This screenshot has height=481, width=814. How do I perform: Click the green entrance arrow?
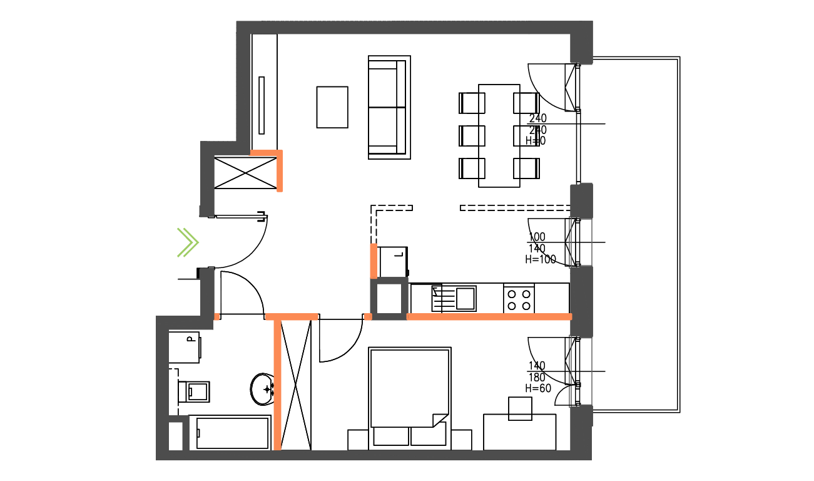(187, 243)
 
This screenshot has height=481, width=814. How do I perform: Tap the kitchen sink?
(465, 297)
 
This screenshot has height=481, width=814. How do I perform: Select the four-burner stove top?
(519, 298)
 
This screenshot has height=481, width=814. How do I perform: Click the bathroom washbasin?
(262, 389)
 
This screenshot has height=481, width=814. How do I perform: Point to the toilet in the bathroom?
(196, 391)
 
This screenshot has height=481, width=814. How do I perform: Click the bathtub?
(232, 433)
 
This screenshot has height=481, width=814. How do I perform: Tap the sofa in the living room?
(389, 106)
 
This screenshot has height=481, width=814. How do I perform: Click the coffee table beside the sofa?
(332, 107)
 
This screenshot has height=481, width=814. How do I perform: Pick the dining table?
(499, 135)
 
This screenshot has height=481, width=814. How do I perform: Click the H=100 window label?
(541, 259)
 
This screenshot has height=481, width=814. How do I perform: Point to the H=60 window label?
(537, 388)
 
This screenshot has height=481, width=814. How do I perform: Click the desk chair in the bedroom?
(520, 408)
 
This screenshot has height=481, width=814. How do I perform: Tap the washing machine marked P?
(185, 347)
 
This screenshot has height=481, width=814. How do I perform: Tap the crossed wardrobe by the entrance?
(245, 172)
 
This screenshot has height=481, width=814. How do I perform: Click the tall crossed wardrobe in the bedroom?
(295, 384)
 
